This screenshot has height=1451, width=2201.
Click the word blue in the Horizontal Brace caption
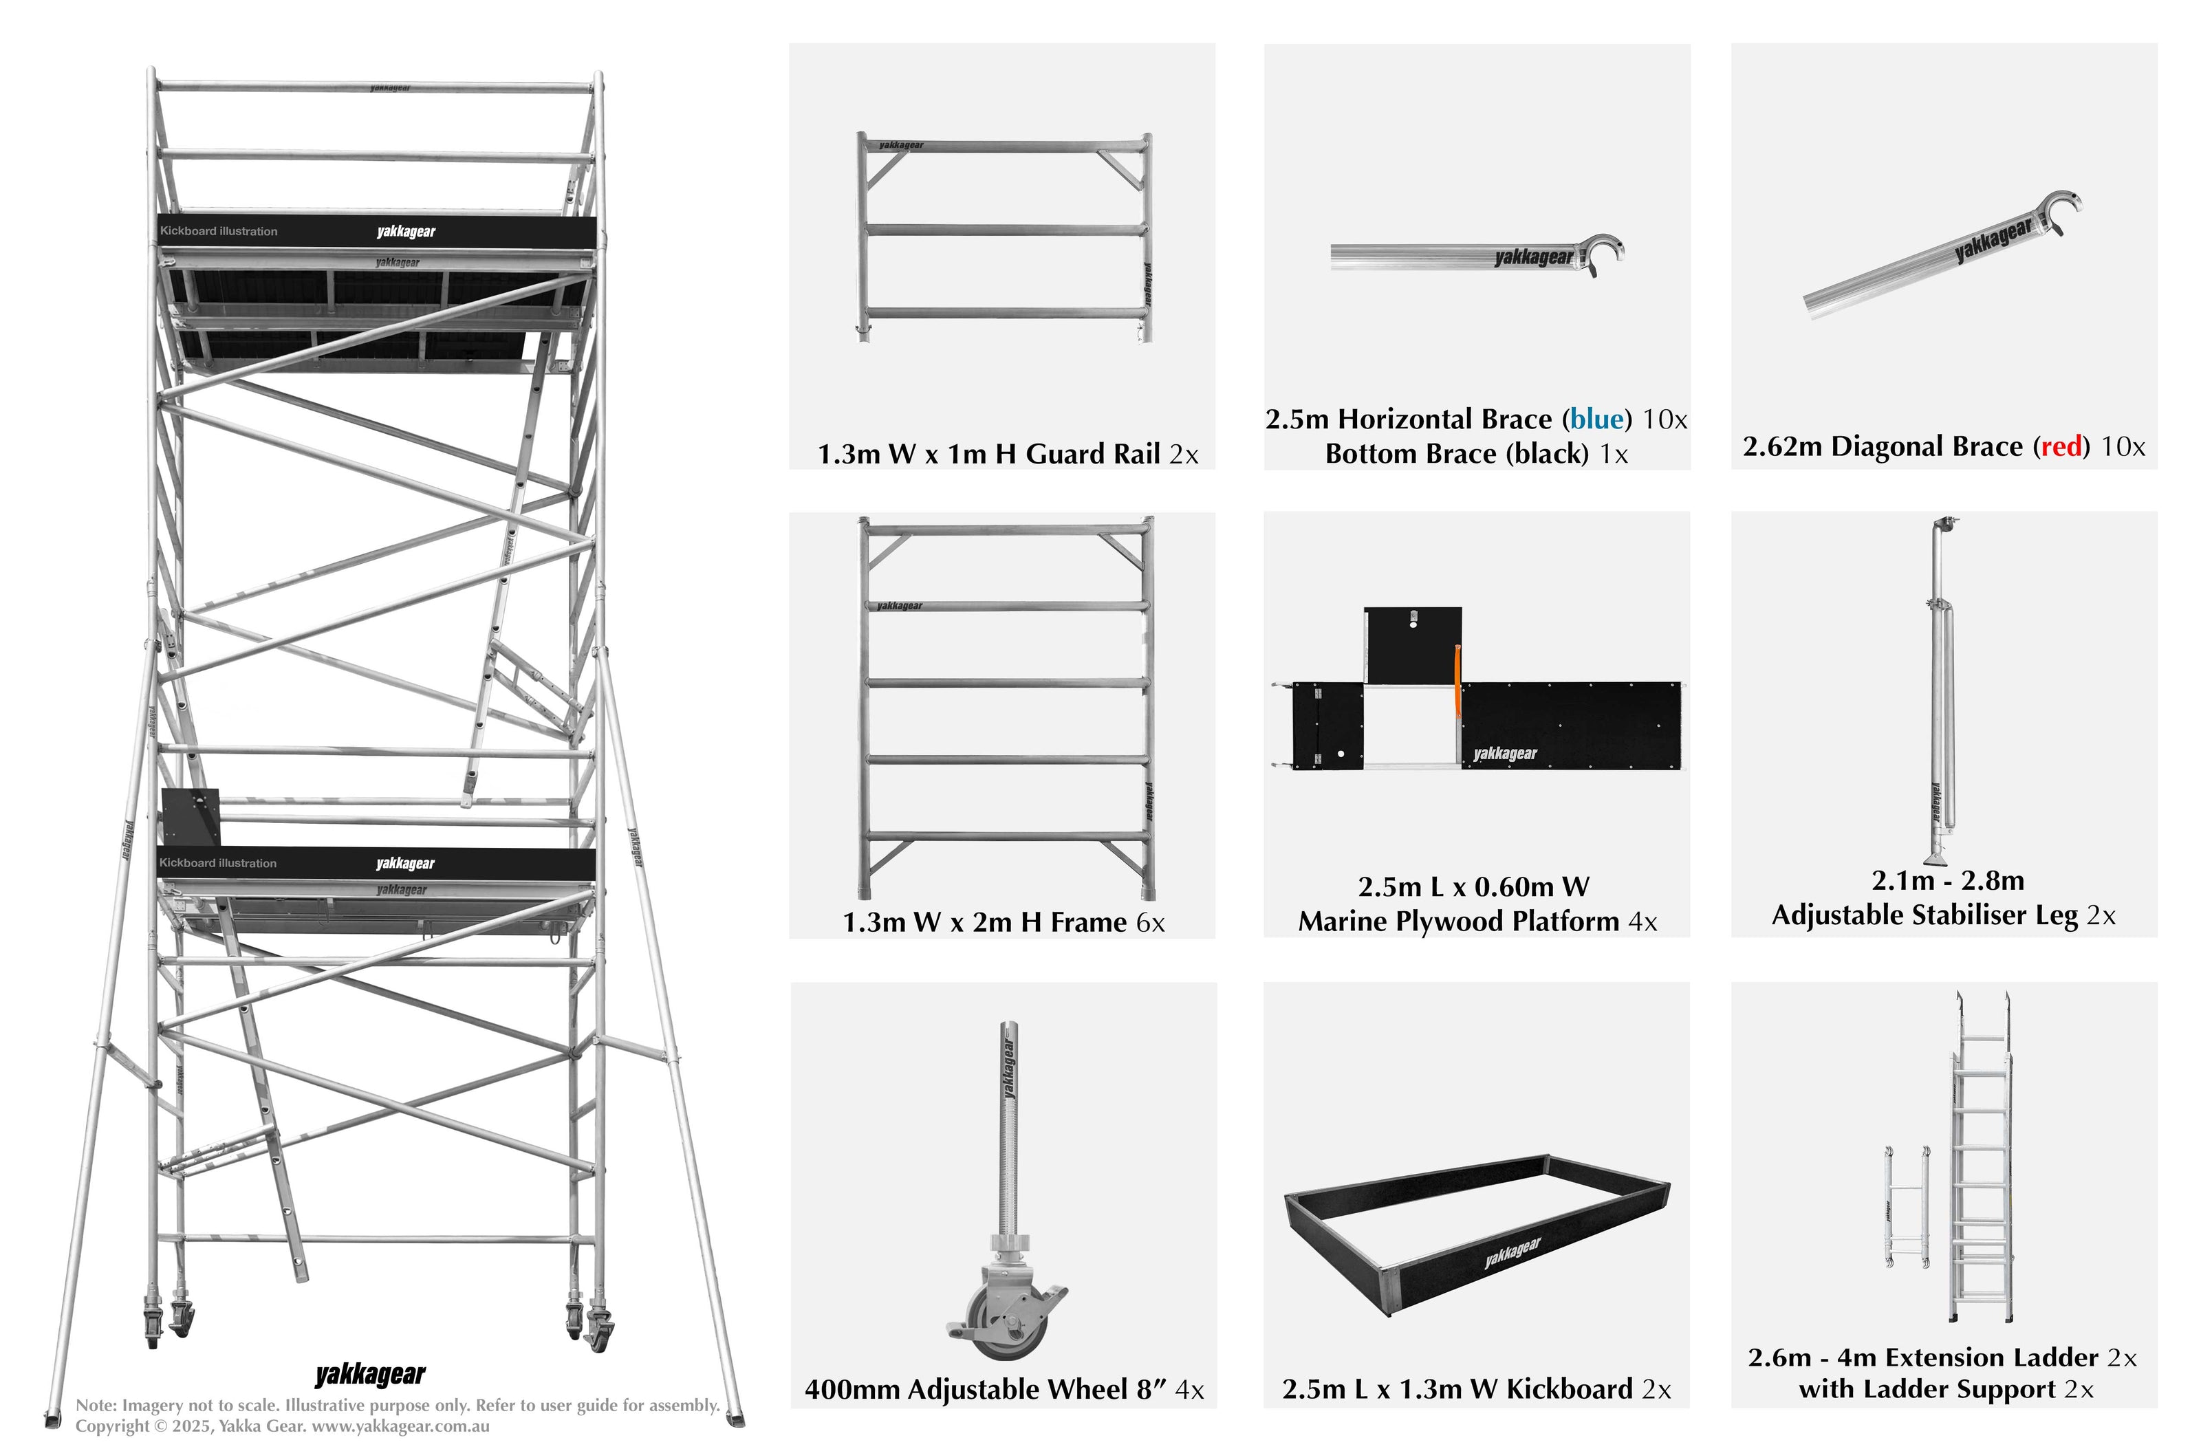(1596, 419)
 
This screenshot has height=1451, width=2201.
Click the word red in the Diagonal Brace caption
(2061, 447)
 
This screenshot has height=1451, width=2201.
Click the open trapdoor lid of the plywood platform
(1412, 644)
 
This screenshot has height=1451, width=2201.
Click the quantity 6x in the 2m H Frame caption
(1149, 923)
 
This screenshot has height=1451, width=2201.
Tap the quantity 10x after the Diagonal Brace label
(2123, 447)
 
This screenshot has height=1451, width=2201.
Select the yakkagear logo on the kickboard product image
(1512, 1253)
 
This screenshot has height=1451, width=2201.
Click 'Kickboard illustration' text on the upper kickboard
(219, 231)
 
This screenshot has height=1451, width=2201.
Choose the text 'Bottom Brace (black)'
(1457, 455)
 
